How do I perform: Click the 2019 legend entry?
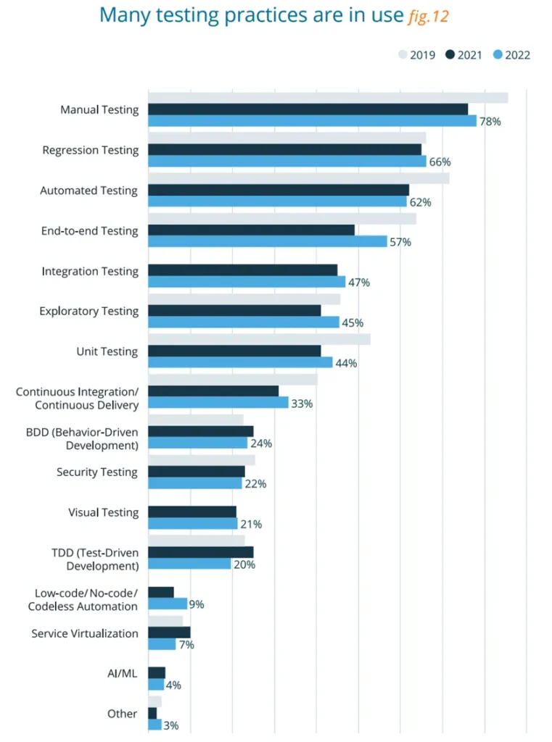[417, 55]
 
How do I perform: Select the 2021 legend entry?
[465, 55]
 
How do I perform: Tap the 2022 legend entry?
[511, 55]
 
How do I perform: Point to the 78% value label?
[490, 122]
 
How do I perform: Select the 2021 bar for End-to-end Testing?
[251, 230]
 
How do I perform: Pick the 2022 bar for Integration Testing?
[247, 282]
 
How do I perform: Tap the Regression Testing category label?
[90, 150]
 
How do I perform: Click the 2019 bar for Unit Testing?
[259, 339]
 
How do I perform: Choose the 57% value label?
[400, 242]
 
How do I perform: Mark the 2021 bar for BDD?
[201, 431]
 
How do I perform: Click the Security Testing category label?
[96, 472]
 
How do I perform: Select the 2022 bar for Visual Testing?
[192, 524]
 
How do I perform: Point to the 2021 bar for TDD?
[201, 552]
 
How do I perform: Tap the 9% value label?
[197, 604]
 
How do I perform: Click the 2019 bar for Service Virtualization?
[165, 620]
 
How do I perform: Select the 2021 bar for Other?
[152, 713]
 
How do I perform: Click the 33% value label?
[302, 404]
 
